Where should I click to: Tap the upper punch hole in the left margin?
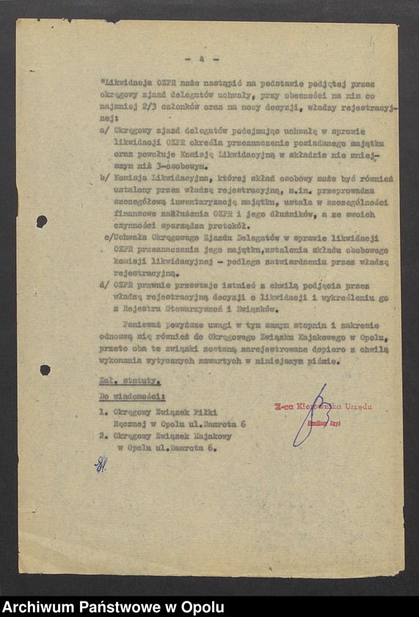(x=42, y=220)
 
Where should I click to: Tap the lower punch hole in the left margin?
(x=45, y=369)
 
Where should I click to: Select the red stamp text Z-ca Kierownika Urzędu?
(x=323, y=406)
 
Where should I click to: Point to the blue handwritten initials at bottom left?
(x=100, y=463)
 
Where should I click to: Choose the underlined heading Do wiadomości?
(x=132, y=397)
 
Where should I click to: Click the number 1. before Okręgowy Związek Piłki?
(x=103, y=412)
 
